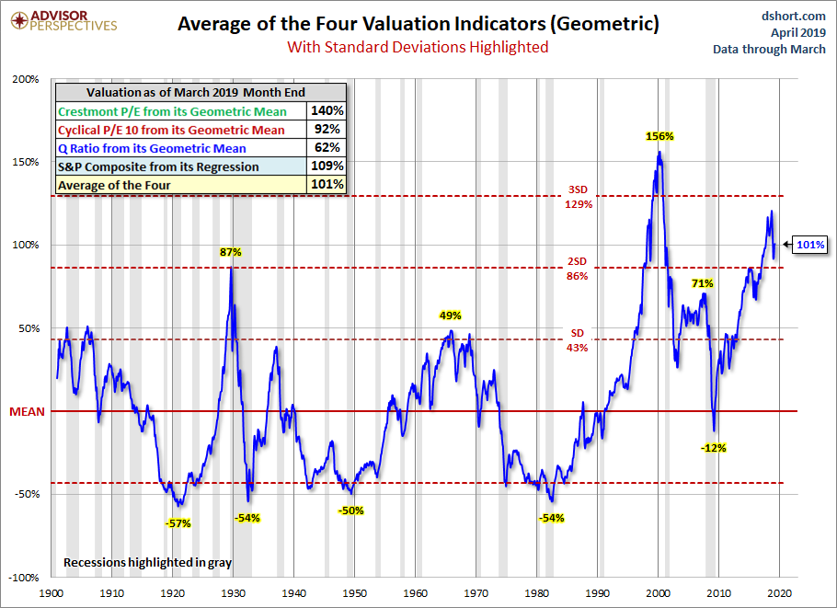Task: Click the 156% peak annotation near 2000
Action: (x=659, y=136)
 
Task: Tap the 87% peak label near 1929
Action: (x=230, y=252)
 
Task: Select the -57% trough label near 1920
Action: (x=178, y=523)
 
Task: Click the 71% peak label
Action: (x=703, y=283)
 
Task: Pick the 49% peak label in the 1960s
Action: (x=449, y=315)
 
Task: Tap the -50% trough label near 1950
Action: (x=351, y=510)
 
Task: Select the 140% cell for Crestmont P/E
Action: (x=327, y=111)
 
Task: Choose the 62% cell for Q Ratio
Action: (x=327, y=148)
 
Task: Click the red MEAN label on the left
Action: (x=27, y=411)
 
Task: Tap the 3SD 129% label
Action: (x=579, y=197)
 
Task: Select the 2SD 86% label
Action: (x=579, y=268)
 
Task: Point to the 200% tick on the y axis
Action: (x=26, y=80)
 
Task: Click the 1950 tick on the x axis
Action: (x=355, y=593)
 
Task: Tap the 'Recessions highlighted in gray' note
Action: (x=147, y=561)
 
